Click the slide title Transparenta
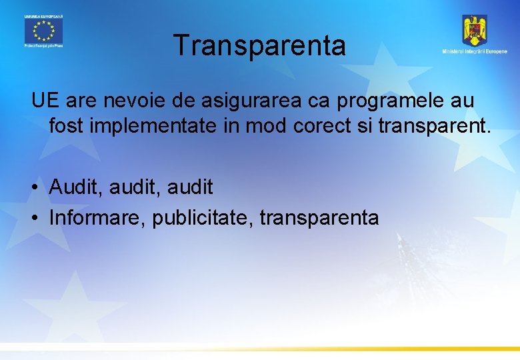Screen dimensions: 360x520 [x=259, y=46]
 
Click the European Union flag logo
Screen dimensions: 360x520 [x=43, y=30]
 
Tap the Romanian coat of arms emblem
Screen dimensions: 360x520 [x=475, y=30]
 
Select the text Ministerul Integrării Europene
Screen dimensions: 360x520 [x=474, y=52]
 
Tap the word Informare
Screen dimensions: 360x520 [x=96, y=217]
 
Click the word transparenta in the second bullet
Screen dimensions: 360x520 [x=319, y=218]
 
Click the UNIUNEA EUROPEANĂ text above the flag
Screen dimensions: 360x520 [x=43, y=15]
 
